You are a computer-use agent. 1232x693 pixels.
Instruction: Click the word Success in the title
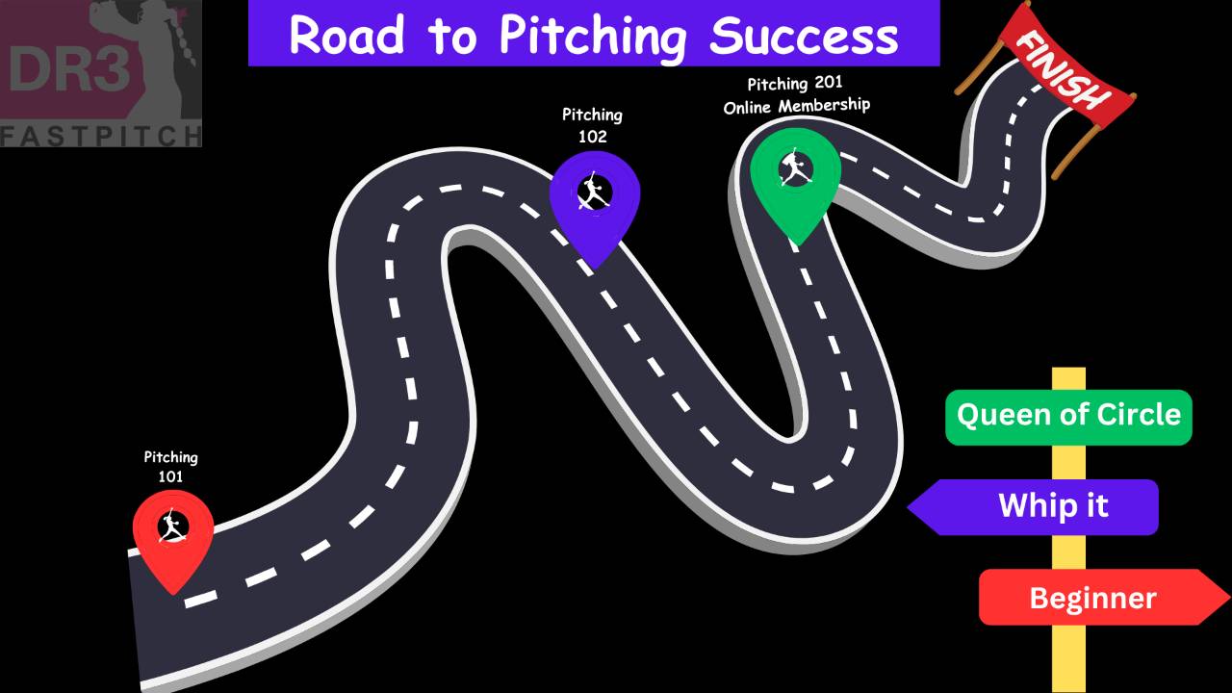click(804, 36)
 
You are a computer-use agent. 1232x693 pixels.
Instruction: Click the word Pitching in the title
click(593, 36)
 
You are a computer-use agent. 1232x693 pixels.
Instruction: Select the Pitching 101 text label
click(170, 466)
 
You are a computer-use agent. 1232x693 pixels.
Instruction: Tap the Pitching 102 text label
click(592, 125)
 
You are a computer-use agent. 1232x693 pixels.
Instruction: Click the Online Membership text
click(796, 106)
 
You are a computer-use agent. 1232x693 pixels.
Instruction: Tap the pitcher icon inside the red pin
click(172, 526)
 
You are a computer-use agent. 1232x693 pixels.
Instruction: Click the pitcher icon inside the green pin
click(795, 169)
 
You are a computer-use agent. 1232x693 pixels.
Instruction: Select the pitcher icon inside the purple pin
click(594, 192)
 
